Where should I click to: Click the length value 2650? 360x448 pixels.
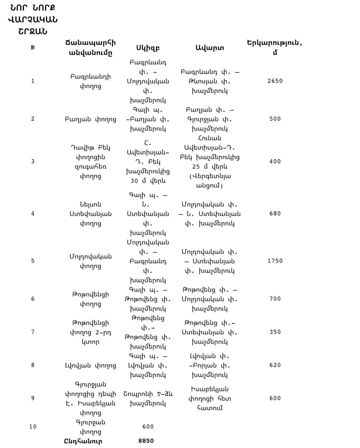coord(275,81)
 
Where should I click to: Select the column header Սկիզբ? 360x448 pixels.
coord(148,48)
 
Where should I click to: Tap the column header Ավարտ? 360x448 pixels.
coord(210,48)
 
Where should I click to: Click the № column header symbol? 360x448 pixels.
coord(33,48)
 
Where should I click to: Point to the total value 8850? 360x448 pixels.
coord(146,441)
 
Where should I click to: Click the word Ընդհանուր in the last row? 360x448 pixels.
coord(83,441)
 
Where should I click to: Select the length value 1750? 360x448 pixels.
coord(275,261)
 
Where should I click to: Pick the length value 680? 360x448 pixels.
coord(275,214)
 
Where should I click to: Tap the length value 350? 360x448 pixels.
coord(275,332)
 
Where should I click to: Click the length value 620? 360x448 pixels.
coord(275,365)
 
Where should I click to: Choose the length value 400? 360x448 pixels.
coord(275,161)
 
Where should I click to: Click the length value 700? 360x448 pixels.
coord(275,299)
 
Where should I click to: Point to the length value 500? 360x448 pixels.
coord(275,119)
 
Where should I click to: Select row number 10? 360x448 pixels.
coord(33,427)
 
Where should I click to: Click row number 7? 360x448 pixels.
coord(33,332)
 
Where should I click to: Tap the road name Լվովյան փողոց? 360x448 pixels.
coord(90,365)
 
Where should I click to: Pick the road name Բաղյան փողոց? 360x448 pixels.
coord(90,119)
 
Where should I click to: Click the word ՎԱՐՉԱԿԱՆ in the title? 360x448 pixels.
coord(33,20)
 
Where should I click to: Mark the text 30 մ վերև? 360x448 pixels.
coord(148,181)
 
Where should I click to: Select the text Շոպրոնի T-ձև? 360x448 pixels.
coord(148,394)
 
